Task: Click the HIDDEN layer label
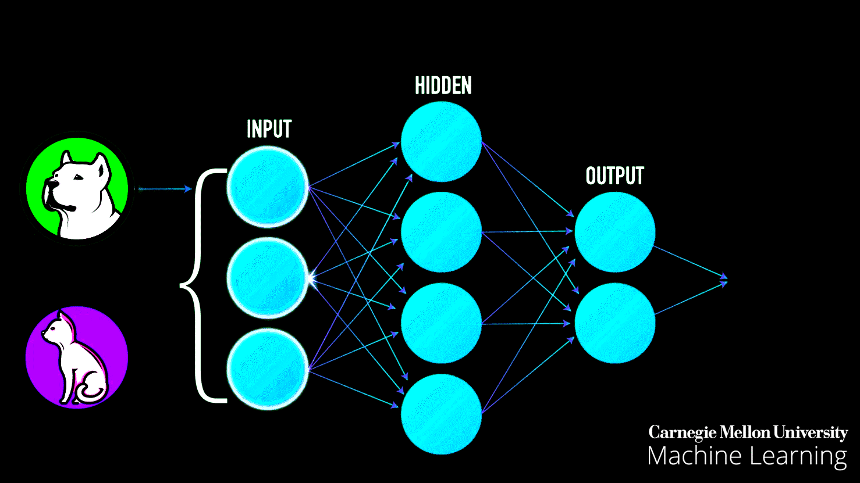(443, 86)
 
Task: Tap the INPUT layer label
(269, 129)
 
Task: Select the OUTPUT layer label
(614, 176)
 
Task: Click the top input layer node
(268, 185)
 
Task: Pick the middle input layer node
(268, 278)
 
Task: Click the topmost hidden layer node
(441, 141)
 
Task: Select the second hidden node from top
(441, 232)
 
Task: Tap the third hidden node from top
(441, 323)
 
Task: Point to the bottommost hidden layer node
(441, 414)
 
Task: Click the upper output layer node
(614, 232)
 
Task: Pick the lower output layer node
(614, 323)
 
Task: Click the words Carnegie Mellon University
(748, 433)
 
